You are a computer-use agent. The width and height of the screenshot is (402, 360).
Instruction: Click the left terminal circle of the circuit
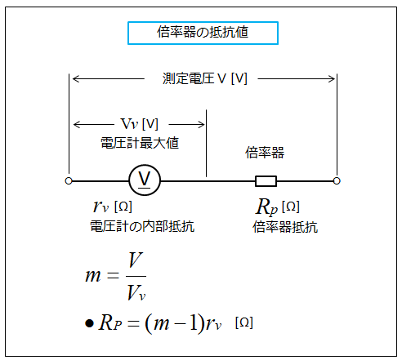[x=69, y=180]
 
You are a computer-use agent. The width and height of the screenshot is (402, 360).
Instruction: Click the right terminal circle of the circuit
[x=337, y=180]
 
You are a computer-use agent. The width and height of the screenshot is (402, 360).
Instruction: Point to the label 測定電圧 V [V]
[x=205, y=78]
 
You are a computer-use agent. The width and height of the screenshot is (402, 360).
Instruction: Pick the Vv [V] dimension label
[x=140, y=124]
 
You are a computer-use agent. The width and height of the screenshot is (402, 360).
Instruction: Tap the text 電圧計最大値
[x=140, y=143]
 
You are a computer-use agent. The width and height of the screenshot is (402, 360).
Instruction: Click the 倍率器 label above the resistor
[x=265, y=153]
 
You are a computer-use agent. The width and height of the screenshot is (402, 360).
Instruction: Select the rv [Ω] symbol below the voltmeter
[x=113, y=206]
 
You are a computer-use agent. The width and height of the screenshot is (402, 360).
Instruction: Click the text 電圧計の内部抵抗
[x=142, y=226]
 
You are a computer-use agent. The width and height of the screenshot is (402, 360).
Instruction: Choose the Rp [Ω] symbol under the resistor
[x=278, y=207]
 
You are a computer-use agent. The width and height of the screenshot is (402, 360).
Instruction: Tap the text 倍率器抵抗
[x=285, y=227]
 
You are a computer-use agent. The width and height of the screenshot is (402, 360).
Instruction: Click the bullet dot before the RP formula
[x=89, y=323]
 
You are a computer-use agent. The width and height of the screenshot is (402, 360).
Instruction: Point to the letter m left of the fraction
[x=93, y=276]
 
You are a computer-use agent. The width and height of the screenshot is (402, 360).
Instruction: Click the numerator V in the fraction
[x=136, y=260]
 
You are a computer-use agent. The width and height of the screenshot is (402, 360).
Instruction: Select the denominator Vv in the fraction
[x=136, y=292]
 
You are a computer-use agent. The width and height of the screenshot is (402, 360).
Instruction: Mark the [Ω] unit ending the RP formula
[x=244, y=322]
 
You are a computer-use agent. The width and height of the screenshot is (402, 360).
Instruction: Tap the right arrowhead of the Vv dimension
[x=202, y=125]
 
